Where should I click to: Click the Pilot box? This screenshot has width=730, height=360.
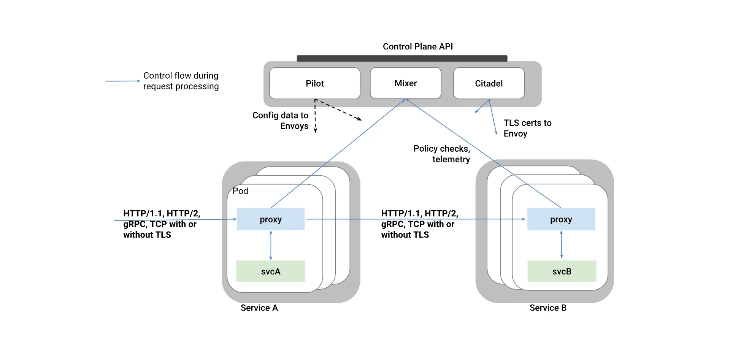(315, 83)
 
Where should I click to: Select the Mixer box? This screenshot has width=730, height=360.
(406, 83)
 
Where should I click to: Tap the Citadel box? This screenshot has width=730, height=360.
(489, 83)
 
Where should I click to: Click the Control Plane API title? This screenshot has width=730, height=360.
(418, 46)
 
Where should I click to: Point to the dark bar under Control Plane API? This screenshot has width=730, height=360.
(402, 58)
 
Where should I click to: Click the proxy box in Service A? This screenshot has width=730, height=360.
(271, 219)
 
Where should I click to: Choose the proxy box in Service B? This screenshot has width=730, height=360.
(561, 219)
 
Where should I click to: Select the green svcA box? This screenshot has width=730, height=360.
(271, 271)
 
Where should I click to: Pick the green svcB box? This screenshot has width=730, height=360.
(562, 271)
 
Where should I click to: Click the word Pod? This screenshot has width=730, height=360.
(240, 191)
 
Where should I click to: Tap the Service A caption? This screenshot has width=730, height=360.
(259, 308)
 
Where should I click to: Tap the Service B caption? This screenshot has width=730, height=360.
(548, 308)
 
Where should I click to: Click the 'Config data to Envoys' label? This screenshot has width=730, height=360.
(281, 121)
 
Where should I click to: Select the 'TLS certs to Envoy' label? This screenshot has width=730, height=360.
(527, 128)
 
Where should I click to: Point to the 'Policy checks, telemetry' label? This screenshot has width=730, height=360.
(442, 154)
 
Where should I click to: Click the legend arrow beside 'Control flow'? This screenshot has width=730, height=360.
(123, 81)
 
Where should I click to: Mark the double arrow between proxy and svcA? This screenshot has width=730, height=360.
(271, 245)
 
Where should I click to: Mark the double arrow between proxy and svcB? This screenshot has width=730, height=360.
(562, 245)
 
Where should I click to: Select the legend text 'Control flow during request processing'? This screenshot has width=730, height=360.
(181, 81)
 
